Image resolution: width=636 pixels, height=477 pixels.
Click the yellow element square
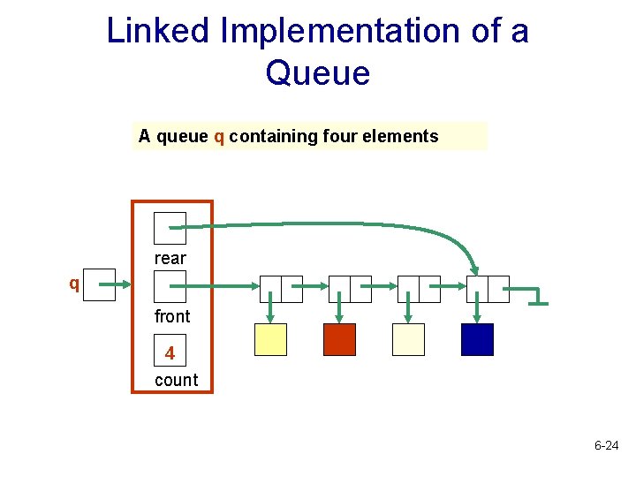click(270, 340)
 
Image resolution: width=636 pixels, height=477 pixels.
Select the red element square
click(339, 340)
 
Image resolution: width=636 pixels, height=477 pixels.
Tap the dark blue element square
click(477, 340)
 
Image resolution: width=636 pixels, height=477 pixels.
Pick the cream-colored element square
click(408, 340)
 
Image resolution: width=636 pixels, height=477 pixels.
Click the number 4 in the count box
click(170, 354)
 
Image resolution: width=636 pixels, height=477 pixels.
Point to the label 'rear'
click(170, 259)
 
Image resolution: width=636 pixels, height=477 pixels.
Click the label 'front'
click(172, 316)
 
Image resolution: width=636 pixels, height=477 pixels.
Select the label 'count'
click(176, 381)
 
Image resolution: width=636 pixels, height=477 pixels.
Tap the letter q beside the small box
click(75, 284)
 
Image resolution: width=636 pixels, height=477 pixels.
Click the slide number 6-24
click(606, 447)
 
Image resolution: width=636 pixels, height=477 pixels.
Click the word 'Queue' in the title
click(317, 72)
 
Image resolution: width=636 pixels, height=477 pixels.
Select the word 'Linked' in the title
click(158, 31)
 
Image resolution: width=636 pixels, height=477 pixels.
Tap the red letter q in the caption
click(218, 137)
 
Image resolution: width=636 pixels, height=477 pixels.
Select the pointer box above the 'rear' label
click(170, 228)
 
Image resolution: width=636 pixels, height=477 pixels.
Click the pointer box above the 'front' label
click(170, 286)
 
